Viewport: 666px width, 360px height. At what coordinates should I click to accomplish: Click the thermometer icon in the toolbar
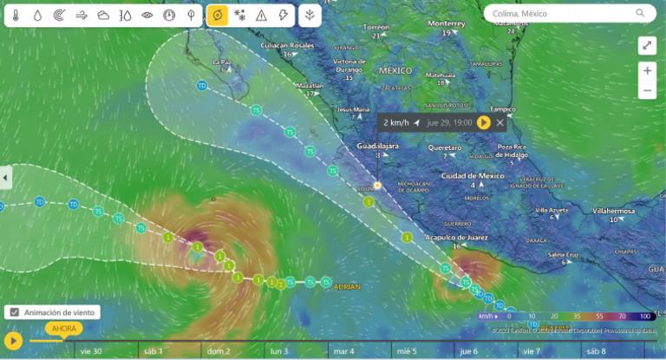16,15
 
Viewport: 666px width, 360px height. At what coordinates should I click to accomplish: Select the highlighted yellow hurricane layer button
218,15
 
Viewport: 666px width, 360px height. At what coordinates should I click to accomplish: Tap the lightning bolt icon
284,15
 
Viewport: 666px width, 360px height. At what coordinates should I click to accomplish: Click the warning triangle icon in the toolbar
261,15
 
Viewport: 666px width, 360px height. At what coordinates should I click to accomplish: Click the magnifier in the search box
641,13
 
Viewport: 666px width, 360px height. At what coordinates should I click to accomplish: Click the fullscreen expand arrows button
647,45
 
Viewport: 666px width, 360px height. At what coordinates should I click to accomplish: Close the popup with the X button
500,123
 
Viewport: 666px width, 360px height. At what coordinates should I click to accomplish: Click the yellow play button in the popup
484,123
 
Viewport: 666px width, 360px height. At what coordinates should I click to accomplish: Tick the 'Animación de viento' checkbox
14,312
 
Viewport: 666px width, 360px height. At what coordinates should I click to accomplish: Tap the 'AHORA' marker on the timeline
63,329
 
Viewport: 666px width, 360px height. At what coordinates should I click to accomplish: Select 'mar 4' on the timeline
343,351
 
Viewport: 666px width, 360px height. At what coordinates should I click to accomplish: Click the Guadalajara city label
378,147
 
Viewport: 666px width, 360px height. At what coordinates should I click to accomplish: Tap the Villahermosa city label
613,211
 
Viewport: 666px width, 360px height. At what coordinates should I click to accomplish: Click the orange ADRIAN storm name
346,286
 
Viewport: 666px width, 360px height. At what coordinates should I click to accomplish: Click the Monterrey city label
447,23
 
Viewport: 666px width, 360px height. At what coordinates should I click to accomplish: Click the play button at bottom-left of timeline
13,341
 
